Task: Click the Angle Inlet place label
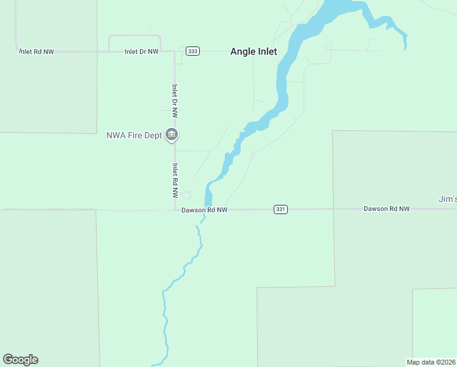(254, 52)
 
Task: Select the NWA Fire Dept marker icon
(172, 135)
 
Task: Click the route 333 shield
(193, 51)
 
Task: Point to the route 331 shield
(280, 209)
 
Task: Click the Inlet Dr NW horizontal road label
(141, 52)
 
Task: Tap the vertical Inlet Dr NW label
(175, 100)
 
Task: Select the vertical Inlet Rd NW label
(175, 180)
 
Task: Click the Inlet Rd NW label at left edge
(36, 52)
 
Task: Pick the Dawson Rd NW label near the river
(204, 210)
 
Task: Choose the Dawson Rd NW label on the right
(386, 209)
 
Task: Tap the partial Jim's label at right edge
(447, 199)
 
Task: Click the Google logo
(20, 360)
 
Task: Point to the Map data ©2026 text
(431, 361)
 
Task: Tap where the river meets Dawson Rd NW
(208, 209)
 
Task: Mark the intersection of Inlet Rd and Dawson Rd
(175, 209)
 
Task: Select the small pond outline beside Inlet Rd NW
(186, 196)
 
